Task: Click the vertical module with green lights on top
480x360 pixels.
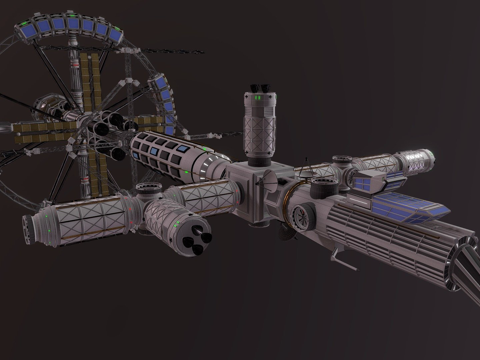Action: (x=258, y=128)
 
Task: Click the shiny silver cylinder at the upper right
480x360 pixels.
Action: (x=414, y=160)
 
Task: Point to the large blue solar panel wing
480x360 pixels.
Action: (x=405, y=207)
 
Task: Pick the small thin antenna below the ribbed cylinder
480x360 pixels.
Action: (x=345, y=262)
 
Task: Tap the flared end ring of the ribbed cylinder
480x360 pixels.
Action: (x=459, y=262)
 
